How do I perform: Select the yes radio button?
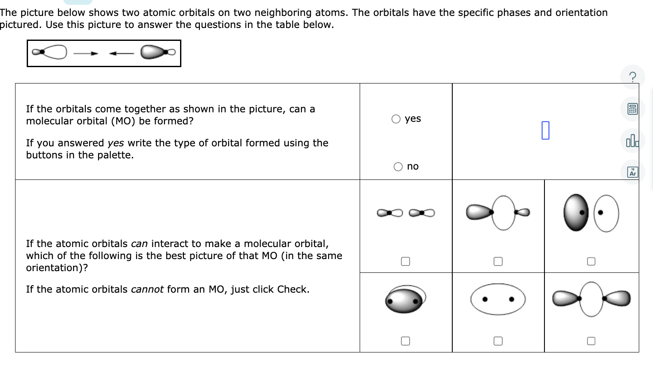click(396, 119)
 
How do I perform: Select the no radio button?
click(398, 167)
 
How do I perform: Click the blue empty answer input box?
click(545, 130)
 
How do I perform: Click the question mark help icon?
click(632, 77)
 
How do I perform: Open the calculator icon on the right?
click(632, 109)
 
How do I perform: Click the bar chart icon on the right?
click(632, 141)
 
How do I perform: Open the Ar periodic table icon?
click(632, 172)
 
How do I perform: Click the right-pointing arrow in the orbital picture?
click(86, 53)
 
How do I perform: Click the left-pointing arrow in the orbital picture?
click(121, 53)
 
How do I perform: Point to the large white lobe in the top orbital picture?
click(55, 52)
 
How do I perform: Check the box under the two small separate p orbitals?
click(405, 261)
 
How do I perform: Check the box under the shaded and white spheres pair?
click(591, 261)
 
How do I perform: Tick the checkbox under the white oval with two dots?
click(498, 341)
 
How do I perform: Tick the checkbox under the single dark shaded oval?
click(405, 341)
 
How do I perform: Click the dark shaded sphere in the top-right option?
click(575, 213)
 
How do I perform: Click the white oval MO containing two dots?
click(498, 299)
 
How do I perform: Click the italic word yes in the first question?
click(115, 143)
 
